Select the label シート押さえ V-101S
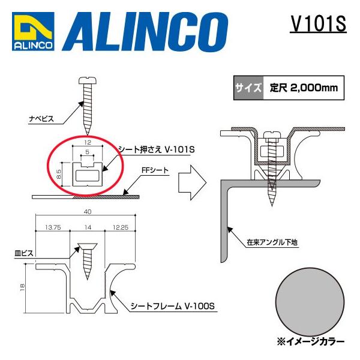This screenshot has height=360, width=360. tap(154, 149)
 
